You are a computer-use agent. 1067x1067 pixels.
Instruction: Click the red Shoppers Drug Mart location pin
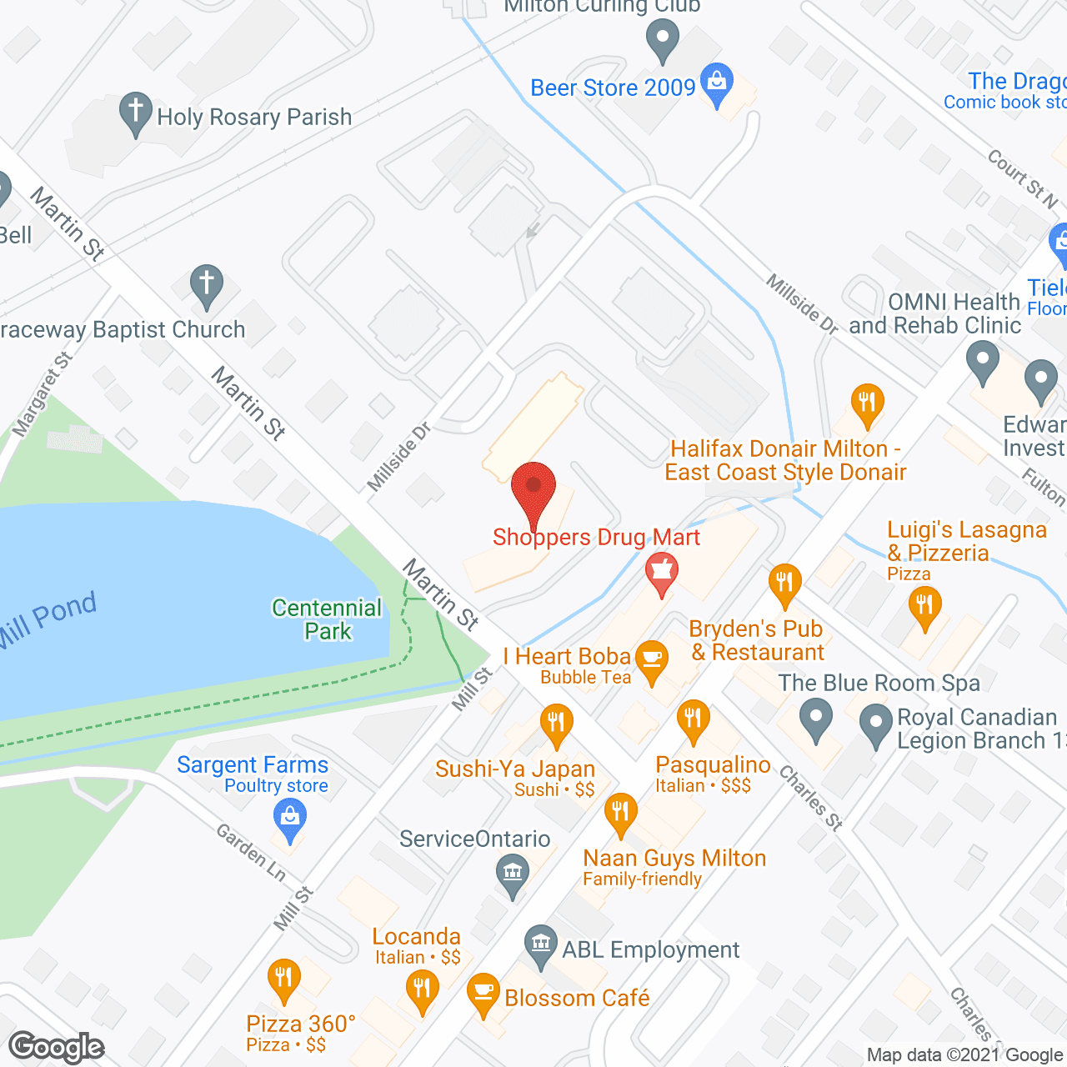pos(533,490)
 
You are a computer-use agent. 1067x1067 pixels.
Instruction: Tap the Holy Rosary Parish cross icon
pos(135,111)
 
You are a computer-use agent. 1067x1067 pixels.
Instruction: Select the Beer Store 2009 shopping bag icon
pos(716,82)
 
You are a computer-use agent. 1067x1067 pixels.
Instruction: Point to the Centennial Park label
pos(327,619)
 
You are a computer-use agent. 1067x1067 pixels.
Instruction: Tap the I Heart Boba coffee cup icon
pos(652,659)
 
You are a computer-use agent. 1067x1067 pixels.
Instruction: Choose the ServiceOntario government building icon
pos(512,874)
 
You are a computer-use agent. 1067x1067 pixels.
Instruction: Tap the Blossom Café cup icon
pos(483,991)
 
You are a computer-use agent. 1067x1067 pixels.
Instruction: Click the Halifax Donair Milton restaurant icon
pos(867,403)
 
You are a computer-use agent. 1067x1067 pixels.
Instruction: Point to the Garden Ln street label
pos(252,853)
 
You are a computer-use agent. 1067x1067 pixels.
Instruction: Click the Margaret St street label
pos(43,394)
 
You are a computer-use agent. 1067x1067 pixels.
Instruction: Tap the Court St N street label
pos(1023,178)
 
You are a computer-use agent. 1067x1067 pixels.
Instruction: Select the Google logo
pos(57,1047)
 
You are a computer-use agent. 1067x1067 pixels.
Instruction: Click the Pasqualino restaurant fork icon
pos(693,719)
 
